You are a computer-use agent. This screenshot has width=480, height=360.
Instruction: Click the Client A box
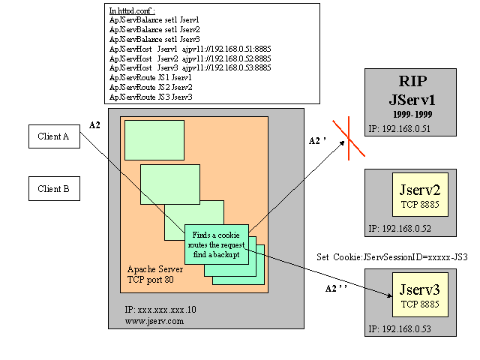tap(54, 136)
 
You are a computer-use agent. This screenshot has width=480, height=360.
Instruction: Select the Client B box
tap(54, 189)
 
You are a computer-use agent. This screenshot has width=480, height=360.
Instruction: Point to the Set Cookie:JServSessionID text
tap(393, 256)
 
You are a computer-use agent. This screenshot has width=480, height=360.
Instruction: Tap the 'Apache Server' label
tap(153, 268)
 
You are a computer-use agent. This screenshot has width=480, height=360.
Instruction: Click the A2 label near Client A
tap(94, 124)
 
